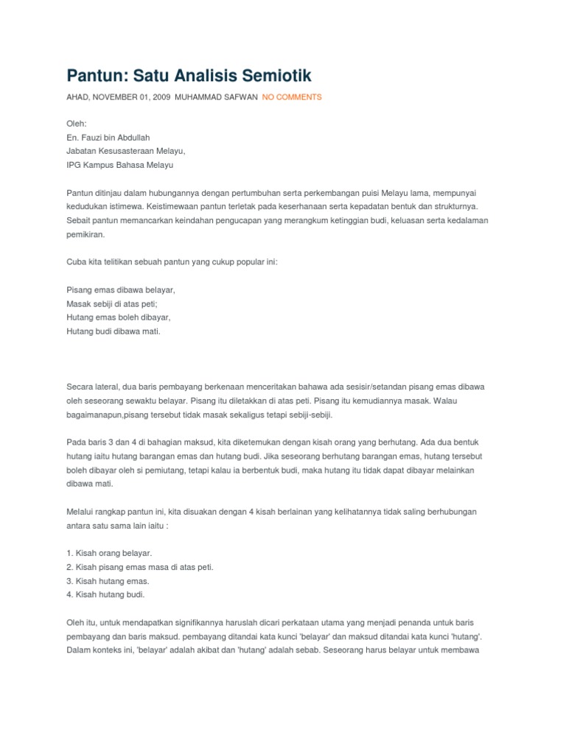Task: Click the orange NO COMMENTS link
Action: (292, 97)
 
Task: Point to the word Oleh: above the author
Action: (77, 123)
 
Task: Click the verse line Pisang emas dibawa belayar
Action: (121, 289)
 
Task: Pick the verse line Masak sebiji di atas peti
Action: (112, 303)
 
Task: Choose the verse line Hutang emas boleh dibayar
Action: (119, 317)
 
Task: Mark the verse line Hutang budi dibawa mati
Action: (113, 331)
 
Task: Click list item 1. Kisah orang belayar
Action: (109, 552)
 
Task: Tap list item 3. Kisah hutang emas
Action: (108, 580)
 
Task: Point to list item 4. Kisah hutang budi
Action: (105, 594)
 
